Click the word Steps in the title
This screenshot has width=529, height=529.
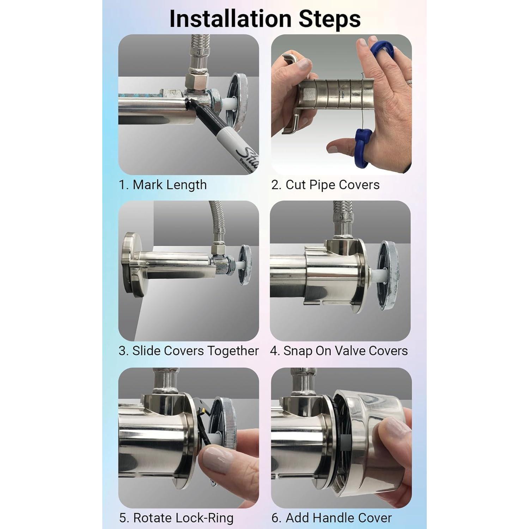330,19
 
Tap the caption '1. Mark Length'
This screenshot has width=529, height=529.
163,185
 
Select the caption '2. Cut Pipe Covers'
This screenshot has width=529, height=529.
325,185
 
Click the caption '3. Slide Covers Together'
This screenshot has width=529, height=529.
189,351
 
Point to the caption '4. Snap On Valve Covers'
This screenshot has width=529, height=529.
339,351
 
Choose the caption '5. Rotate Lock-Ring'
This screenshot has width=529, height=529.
176,518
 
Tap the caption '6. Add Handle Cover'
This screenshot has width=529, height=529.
332,518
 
